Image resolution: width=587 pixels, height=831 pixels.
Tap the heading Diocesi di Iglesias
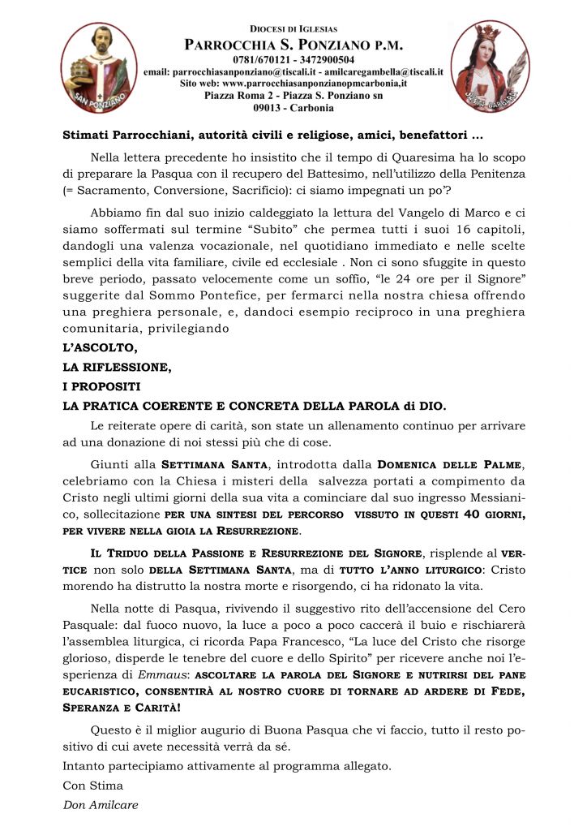pyautogui.click(x=293, y=28)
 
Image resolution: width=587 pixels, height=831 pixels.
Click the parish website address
pyautogui.click(x=293, y=84)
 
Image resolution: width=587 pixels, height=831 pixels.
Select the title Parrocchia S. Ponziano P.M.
pyautogui.click(x=293, y=45)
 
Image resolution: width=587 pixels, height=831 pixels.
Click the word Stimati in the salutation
pyautogui.click(x=87, y=135)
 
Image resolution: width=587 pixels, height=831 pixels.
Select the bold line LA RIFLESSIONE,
pyautogui.click(x=117, y=366)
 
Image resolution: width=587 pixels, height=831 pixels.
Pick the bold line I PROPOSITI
pyautogui.click(x=101, y=385)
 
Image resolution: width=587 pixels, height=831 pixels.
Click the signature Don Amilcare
pyautogui.click(x=101, y=805)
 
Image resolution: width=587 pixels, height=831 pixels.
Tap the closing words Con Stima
pyautogui.click(x=93, y=786)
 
